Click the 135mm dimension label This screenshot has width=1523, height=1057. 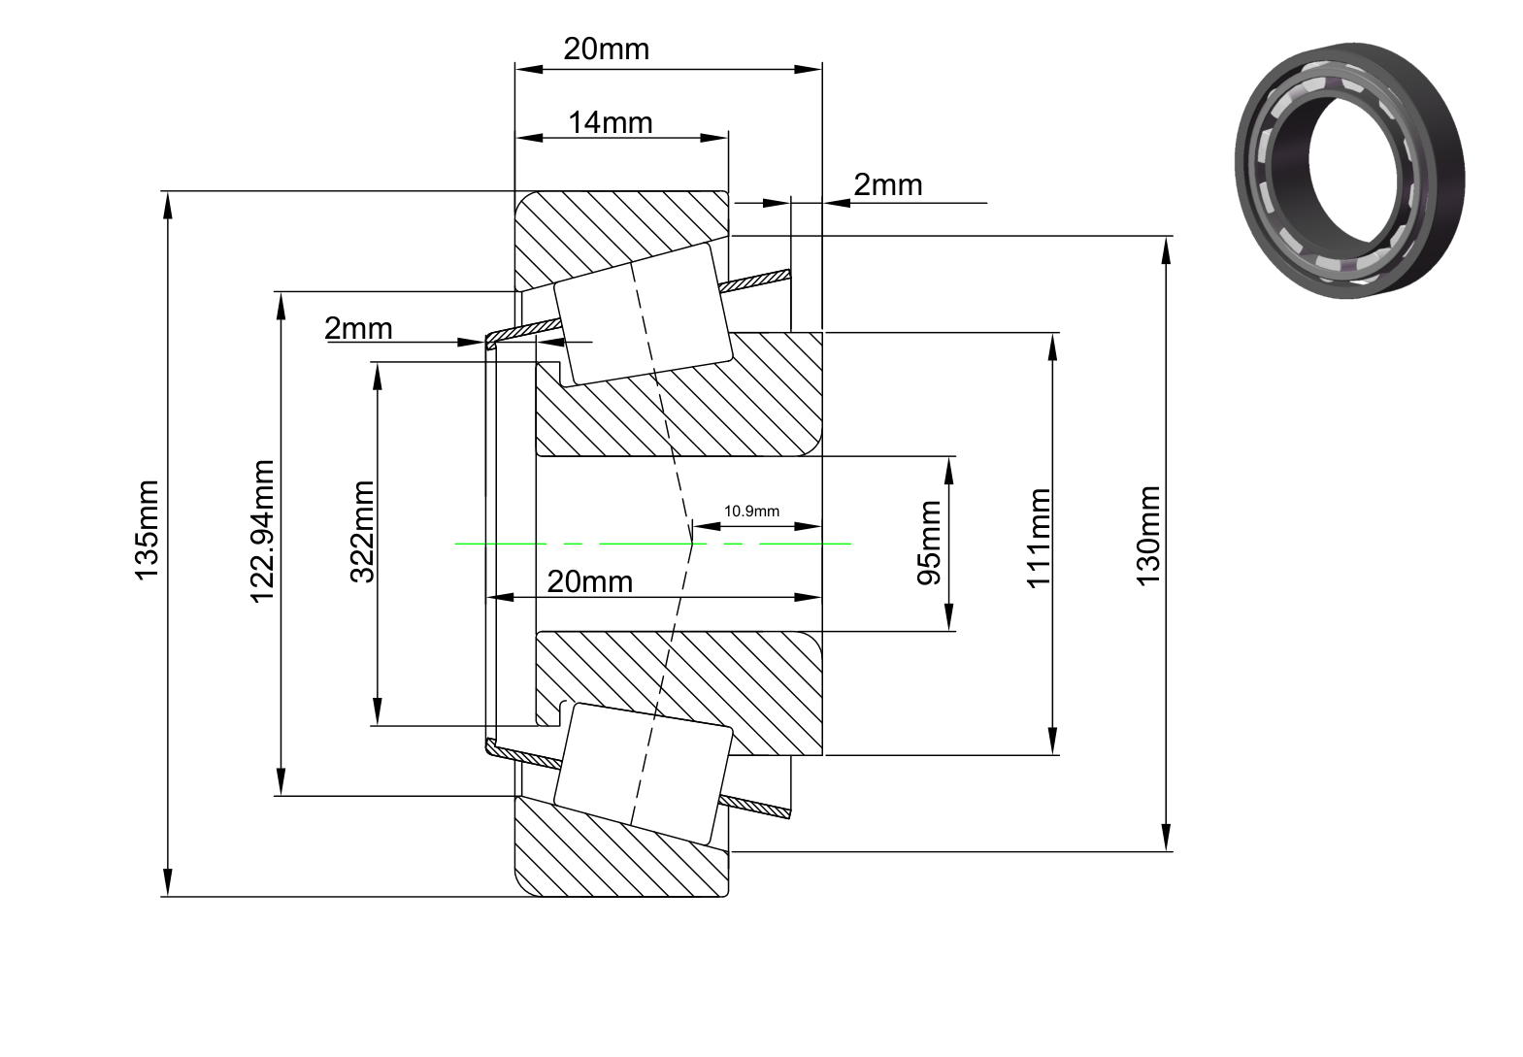[147, 531]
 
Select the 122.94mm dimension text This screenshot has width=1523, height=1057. [262, 532]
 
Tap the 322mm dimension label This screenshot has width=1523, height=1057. [362, 532]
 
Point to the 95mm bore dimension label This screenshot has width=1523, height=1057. [929, 544]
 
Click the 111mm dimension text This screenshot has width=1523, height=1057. [1039, 538]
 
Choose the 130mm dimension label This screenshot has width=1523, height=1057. [1148, 537]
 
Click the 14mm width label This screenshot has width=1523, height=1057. [610, 123]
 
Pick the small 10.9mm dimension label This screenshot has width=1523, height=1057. [751, 512]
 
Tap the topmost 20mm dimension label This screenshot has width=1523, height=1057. [606, 49]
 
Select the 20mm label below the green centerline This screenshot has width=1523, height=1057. [589, 581]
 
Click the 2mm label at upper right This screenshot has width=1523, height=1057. [888, 184]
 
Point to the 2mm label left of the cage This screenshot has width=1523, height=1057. [358, 329]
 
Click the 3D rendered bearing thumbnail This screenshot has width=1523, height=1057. [1349, 170]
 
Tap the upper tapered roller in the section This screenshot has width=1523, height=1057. [644, 314]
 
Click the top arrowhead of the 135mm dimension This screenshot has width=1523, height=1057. [168, 205]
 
